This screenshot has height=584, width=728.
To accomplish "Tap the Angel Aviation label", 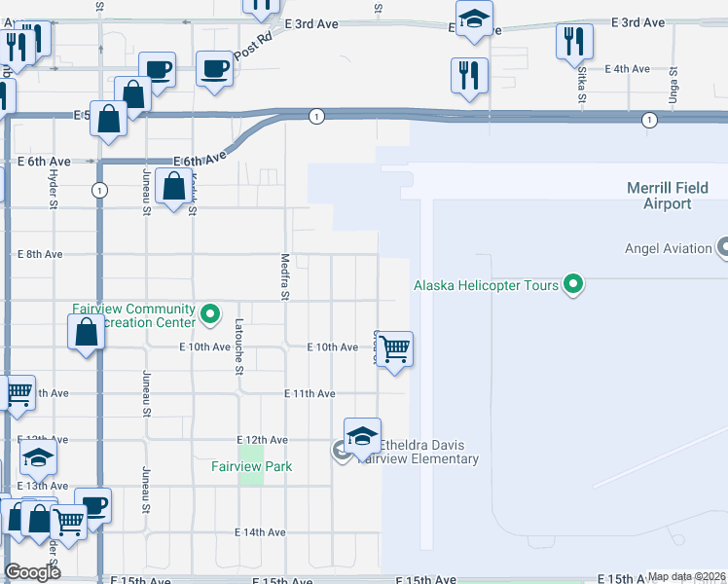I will tap(669, 248).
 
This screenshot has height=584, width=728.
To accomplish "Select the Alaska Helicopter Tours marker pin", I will tap(574, 285).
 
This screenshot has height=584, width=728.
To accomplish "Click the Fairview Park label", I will tap(252, 466).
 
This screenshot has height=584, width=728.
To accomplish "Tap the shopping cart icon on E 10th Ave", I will tap(395, 347).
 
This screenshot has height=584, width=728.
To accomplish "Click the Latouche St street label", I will tap(238, 346).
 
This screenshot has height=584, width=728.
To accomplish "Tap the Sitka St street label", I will tap(581, 85).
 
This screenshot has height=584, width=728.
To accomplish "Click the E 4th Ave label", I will tap(627, 69).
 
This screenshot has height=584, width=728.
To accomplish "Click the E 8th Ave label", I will tap(40, 254).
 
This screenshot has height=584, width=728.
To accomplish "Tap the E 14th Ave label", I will tap(261, 532).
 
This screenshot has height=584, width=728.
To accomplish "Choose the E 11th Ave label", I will tap(309, 393).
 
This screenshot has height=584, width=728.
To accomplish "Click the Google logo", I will tap(32, 572).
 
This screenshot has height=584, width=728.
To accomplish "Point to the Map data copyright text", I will tap(685, 577).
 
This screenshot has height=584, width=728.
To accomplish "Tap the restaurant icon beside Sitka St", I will tap(574, 42).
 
